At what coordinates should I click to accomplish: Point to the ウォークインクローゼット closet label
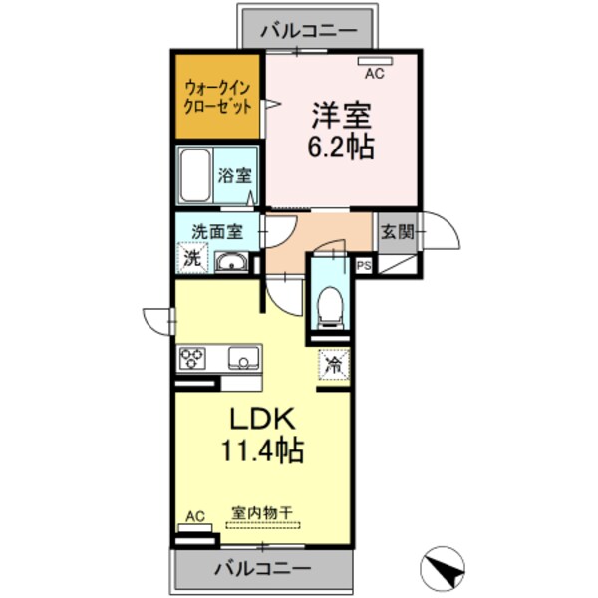[218, 98]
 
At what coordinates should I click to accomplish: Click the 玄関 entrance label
[397, 232]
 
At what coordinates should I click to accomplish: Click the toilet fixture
[329, 302]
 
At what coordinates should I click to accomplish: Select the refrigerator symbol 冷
[334, 364]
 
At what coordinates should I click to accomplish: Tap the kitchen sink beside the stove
[242, 358]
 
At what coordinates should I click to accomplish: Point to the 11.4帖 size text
[263, 449]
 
